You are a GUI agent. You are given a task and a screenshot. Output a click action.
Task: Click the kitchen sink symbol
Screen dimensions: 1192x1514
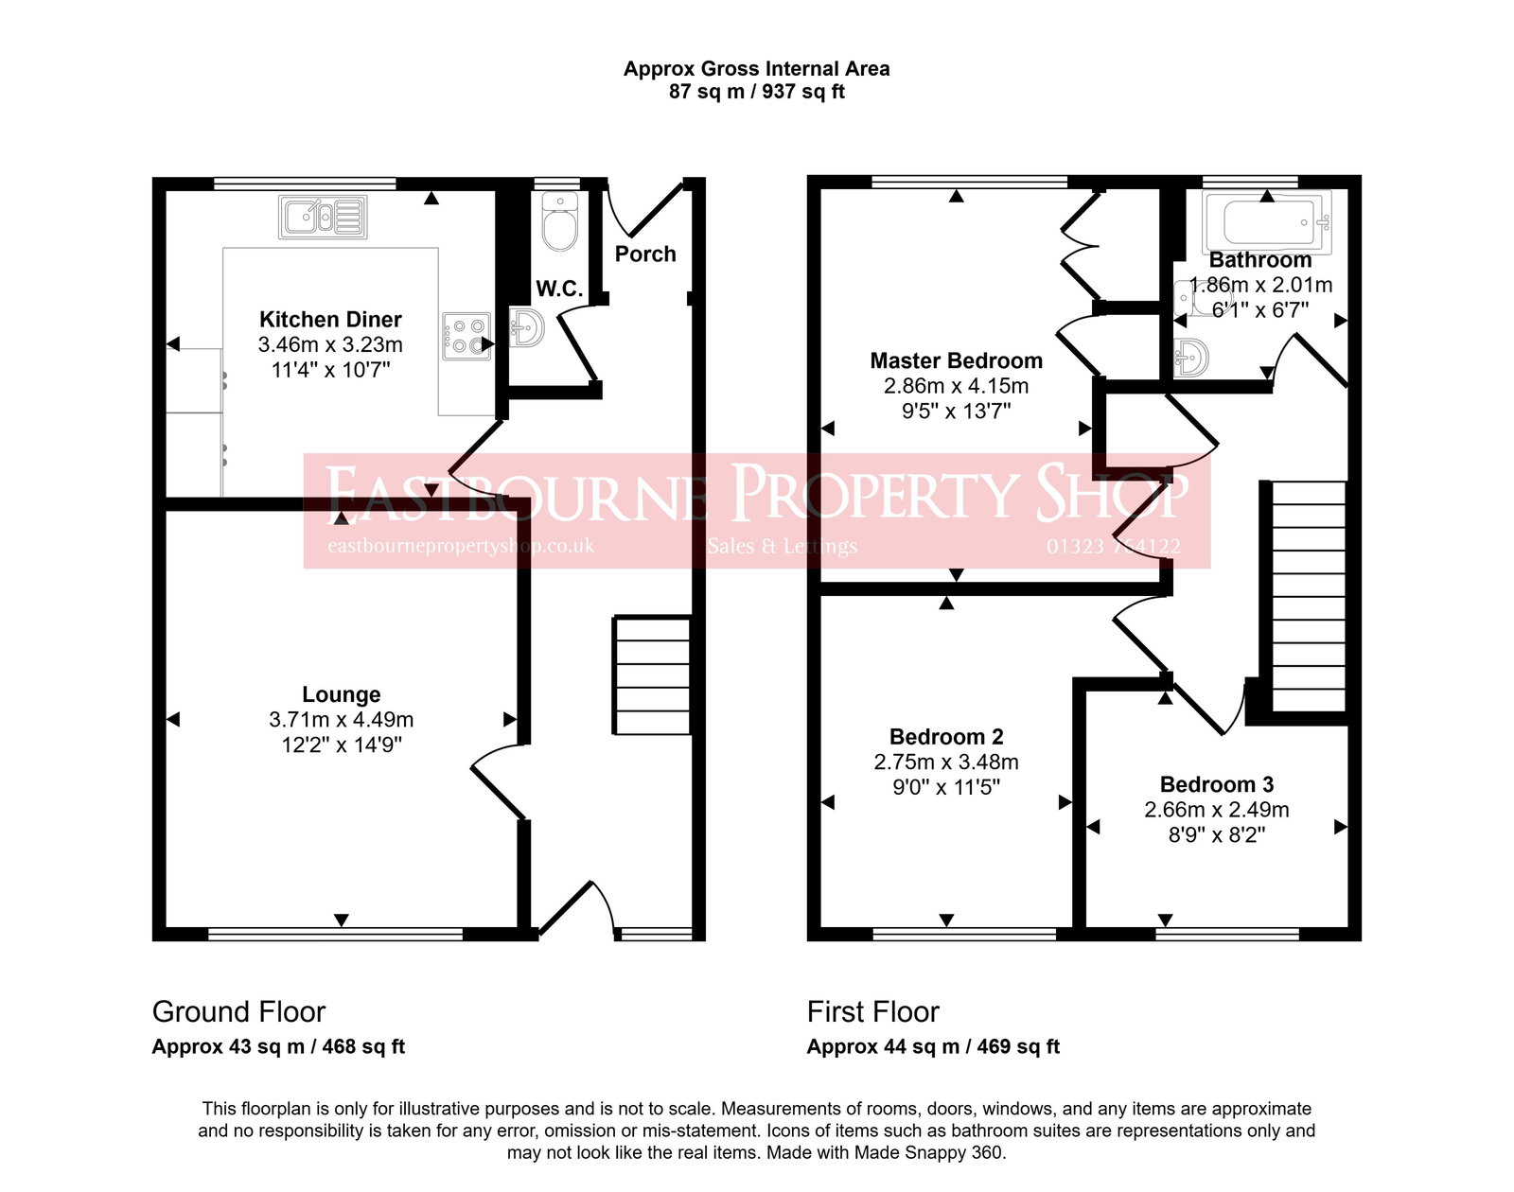click(323, 218)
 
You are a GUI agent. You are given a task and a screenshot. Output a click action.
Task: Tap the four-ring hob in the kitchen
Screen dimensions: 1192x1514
click(467, 336)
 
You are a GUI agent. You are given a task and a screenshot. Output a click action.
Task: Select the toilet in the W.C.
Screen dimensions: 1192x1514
click(560, 222)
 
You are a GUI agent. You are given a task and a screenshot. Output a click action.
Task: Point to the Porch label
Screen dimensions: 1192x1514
click(645, 254)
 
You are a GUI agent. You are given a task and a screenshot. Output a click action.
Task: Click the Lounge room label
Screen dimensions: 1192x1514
click(342, 694)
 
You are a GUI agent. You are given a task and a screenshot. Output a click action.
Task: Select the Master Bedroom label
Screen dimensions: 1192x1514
click(956, 360)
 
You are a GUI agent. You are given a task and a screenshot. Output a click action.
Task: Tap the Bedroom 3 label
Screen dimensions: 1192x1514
click(1216, 784)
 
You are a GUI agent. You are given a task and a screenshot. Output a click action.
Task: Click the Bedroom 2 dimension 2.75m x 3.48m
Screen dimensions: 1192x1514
click(946, 762)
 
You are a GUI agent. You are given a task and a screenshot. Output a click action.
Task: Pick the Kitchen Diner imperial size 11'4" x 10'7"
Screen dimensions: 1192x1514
click(330, 370)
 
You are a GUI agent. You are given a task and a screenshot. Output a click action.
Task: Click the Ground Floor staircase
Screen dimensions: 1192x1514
click(653, 675)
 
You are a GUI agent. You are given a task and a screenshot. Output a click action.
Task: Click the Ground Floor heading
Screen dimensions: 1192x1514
click(238, 1011)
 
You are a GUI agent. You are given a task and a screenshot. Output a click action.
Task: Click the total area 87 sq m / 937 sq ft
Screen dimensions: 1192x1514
click(756, 92)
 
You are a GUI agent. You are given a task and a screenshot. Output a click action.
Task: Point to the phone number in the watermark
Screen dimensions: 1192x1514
click(1113, 546)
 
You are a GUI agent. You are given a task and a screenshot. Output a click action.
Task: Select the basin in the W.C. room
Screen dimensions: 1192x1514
click(526, 327)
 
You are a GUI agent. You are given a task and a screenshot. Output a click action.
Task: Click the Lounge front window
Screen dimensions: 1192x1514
click(335, 934)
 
